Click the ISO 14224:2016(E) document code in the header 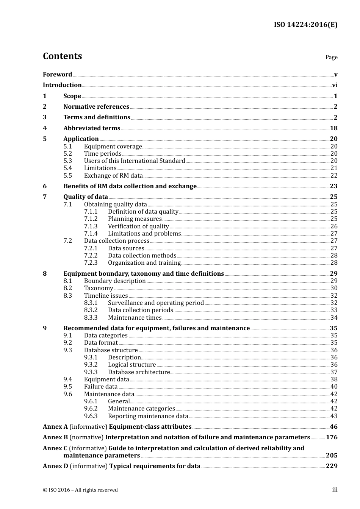point(305,25)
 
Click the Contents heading point(62,56)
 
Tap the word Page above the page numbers point(331,57)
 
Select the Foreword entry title point(57,74)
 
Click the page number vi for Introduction point(335,85)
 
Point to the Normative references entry point(96,107)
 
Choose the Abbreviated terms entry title point(92,128)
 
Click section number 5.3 point(67,161)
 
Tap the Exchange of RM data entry point(113,176)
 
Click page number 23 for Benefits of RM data point(333,186)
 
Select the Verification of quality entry point(138,226)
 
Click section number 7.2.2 point(91,256)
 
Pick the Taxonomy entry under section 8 point(99,288)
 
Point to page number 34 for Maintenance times point(334,318)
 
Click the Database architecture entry point(139,372)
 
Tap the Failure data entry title point(101,387)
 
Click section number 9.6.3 point(91,416)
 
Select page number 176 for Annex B point(332,437)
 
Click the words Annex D point(55,466)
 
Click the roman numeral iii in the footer point(335,490)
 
